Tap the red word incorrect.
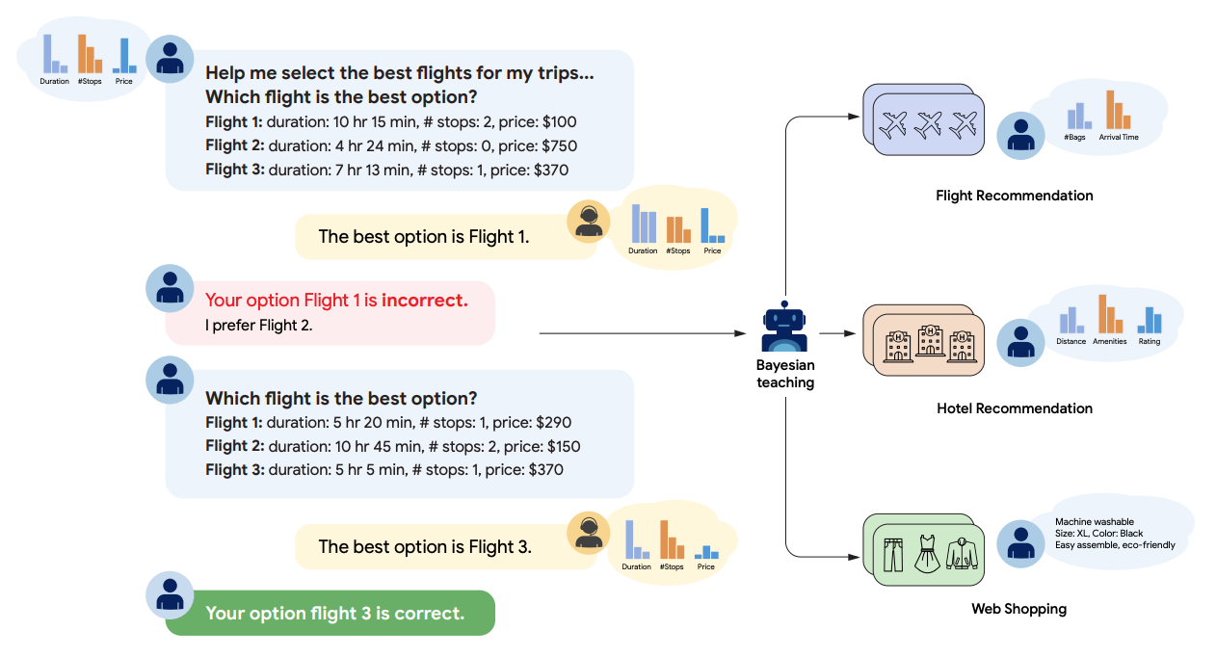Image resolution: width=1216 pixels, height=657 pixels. pos(424,301)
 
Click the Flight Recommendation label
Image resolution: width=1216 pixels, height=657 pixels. pos(1014,196)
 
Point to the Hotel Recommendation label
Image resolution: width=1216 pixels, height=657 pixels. pos(1014,408)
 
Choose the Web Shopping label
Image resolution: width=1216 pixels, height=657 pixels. pos(1018,609)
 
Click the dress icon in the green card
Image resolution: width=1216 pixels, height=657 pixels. pos(926,555)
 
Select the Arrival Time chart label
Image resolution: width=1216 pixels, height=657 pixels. pos(1117,138)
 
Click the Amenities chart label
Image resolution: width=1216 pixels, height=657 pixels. pos(1109,342)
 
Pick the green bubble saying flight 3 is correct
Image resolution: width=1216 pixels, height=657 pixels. pos(330,614)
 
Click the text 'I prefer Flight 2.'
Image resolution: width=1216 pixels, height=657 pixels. pos(258,326)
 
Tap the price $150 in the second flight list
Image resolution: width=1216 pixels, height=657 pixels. pos(558,446)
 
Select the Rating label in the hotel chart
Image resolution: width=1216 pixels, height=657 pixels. pos(1149,342)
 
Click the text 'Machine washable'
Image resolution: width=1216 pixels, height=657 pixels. pos(1094,523)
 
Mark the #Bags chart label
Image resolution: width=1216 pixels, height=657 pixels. pos(1075,138)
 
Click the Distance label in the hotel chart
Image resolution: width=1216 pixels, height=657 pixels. pos(1071,342)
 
